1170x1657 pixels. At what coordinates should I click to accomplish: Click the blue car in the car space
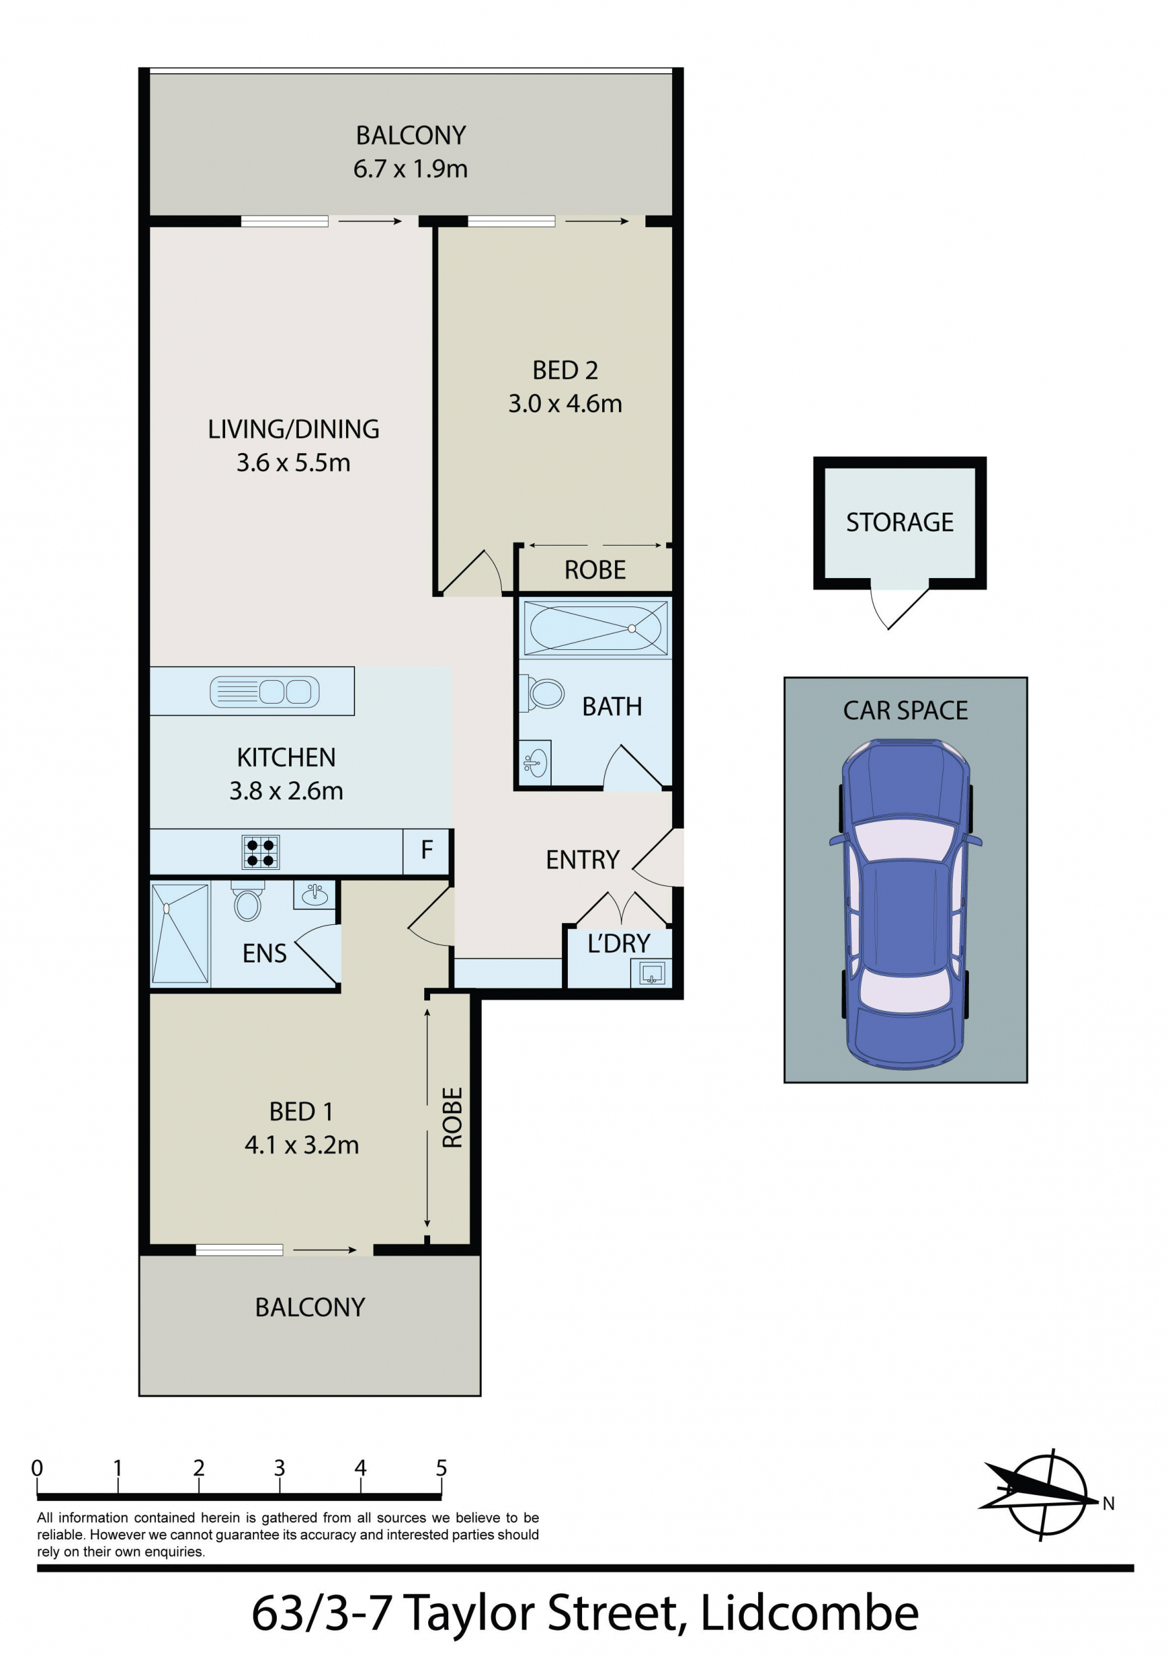coord(905,904)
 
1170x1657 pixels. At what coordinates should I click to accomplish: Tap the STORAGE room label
coord(900,522)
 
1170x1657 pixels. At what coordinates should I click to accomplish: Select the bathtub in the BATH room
coord(595,628)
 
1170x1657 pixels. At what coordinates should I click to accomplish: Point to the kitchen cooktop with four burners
coord(261,852)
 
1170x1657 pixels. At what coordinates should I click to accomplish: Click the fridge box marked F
coord(426,851)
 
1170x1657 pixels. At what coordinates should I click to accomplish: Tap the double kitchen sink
coord(264,691)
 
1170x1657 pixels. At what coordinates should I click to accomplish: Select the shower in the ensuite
coord(180,933)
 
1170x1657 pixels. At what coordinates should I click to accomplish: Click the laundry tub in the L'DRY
coord(651,972)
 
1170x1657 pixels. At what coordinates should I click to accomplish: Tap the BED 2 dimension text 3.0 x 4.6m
coord(565,403)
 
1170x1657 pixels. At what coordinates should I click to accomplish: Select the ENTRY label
coord(582,860)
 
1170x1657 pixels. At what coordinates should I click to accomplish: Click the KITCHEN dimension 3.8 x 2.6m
coord(286,791)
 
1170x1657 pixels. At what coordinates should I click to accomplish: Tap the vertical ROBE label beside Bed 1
coord(451,1117)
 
